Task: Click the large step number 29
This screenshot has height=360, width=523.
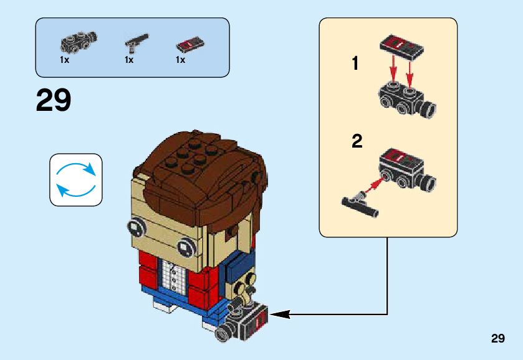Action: pos(54,100)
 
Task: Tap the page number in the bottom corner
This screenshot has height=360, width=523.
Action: pos(497,338)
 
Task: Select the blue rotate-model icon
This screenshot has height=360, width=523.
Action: pos(75,180)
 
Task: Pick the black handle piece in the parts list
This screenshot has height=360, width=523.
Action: pos(134,42)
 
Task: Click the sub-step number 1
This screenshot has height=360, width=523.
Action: pos(355,64)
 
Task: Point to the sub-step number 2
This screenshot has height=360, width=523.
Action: pos(357,141)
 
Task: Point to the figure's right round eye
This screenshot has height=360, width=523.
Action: pos(186,247)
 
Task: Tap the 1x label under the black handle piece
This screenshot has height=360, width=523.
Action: pos(129,60)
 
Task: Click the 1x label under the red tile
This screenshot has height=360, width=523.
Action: pos(181,60)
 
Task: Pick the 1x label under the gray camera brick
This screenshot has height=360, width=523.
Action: pos(65,60)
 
